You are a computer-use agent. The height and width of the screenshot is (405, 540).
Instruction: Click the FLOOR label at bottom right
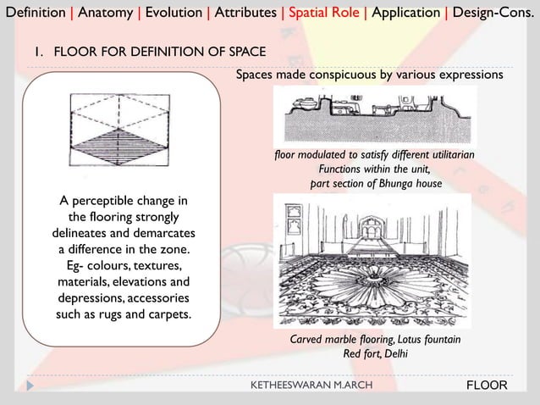pyautogui.click(x=487, y=386)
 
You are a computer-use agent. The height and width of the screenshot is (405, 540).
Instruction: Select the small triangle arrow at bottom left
pyautogui.click(x=31, y=386)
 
